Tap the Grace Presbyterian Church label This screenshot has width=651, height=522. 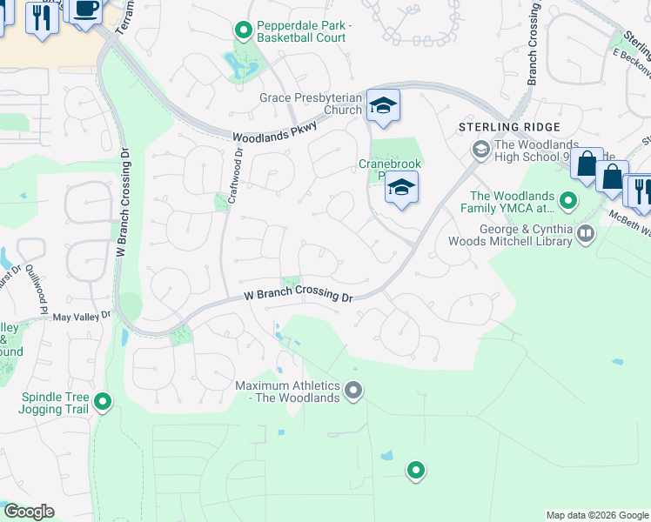pos(310,104)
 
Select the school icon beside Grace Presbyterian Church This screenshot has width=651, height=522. pos(382,106)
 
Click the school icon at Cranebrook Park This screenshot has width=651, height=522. pos(401,188)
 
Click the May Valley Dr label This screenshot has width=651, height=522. pos(84,317)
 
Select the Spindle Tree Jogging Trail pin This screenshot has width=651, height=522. pos(103,401)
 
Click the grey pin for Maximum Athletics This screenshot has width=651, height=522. pos(352,391)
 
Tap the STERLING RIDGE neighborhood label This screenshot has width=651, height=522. pos(494,128)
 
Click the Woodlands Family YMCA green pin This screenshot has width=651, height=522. pos(568,202)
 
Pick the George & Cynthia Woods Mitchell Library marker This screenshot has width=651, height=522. pos(586,232)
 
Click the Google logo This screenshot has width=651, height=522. pos(28,512)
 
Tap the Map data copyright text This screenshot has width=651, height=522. pos(597,515)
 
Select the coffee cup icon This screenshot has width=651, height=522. pos(84,10)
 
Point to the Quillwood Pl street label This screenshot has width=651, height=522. pos(36,288)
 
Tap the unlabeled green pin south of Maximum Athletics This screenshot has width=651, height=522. pos(416,471)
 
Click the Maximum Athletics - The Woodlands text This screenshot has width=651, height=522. pos(287,391)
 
